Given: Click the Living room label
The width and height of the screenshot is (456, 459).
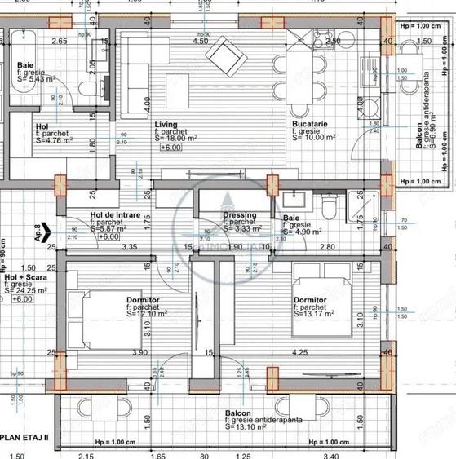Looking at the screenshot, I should coord(166,125).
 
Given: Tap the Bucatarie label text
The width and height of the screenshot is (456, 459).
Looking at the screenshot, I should coord(312,125).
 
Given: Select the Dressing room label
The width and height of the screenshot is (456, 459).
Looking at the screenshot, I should coord(241,215).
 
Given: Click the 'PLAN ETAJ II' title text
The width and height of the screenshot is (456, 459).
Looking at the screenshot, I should coord(27,437).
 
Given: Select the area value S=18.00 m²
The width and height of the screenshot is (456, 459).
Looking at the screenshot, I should coord(178,139).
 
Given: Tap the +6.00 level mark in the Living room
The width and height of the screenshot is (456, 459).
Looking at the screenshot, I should coord(170,148).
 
